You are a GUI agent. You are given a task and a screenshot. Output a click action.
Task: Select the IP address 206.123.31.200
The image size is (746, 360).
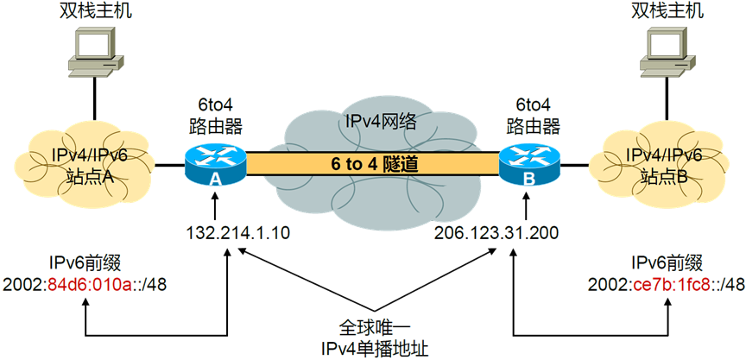[496, 232]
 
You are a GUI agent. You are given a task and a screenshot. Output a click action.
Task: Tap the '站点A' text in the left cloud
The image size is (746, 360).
[85, 177]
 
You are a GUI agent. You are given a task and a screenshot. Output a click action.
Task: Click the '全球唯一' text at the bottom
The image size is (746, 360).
[372, 329]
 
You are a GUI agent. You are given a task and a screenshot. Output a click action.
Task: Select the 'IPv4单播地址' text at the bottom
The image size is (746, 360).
[372, 348]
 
